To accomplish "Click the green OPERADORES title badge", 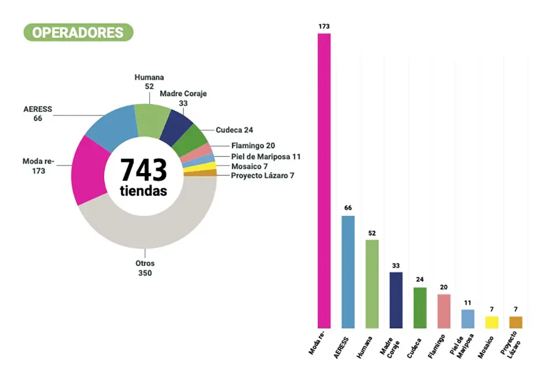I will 78,32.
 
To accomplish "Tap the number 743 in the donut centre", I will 144,170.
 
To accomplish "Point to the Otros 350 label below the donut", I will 145,268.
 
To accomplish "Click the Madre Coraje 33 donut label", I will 183,98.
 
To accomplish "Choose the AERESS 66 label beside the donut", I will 38,113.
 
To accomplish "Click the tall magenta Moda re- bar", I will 324,181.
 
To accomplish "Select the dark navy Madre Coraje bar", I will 396,300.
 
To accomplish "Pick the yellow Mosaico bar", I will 492,322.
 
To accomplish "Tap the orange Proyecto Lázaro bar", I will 516,322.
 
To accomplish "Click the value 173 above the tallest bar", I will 324,26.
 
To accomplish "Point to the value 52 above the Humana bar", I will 372,233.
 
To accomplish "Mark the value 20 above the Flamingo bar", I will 444,287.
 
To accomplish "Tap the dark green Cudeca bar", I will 420,308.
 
